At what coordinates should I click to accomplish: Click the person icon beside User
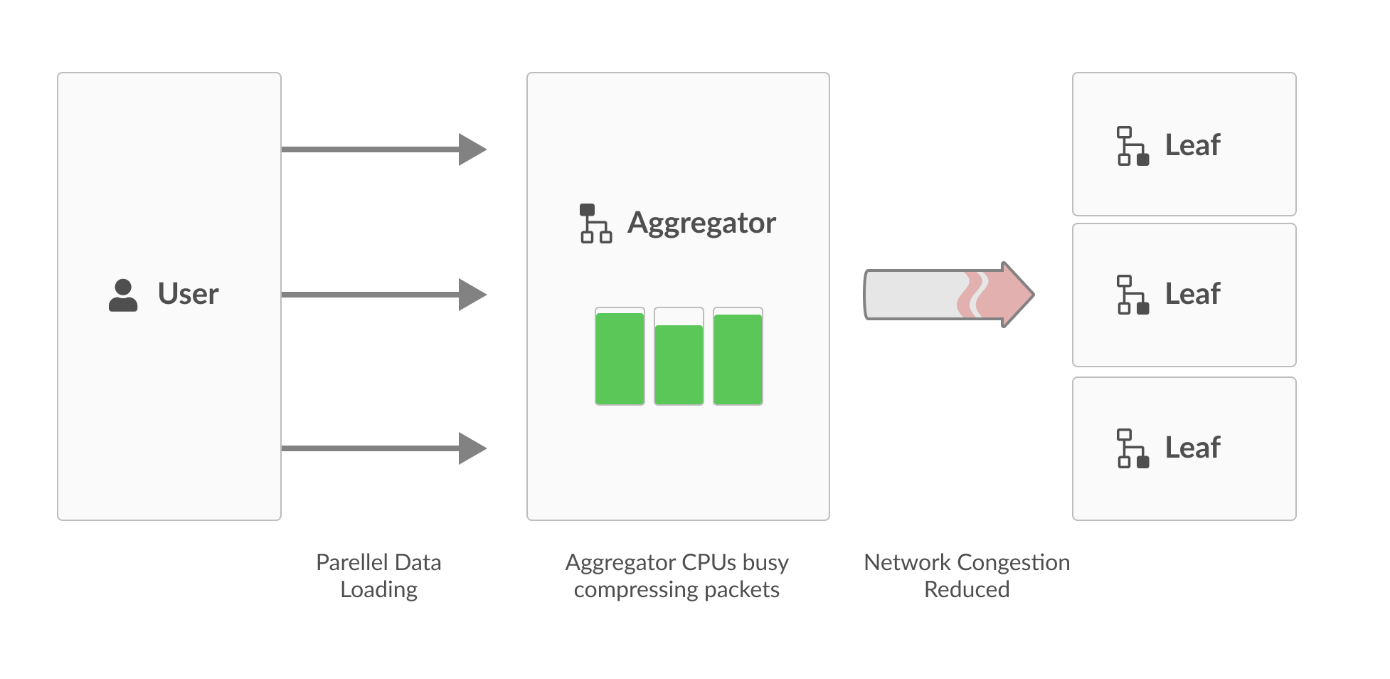click(x=123, y=295)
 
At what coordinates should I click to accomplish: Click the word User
click(x=188, y=294)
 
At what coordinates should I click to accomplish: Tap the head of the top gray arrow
click(x=471, y=149)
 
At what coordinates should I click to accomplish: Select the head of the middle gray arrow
click(x=471, y=295)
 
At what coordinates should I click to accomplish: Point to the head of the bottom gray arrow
click(x=471, y=448)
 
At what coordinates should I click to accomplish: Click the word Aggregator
click(x=701, y=223)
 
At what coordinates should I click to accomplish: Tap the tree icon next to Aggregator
click(x=595, y=223)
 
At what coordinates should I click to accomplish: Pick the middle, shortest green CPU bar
click(x=679, y=364)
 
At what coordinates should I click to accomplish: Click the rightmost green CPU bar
click(x=738, y=359)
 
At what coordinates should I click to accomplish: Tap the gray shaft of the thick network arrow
click(x=911, y=295)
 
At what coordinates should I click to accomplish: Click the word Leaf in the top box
click(x=1192, y=145)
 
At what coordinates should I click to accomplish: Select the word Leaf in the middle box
click(x=1192, y=294)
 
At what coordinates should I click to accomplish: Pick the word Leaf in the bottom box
click(x=1192, y=448)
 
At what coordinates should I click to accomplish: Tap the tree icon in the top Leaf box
click(x=1132, y=146)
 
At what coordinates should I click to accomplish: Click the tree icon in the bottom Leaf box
click(x=1132, y=448)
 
